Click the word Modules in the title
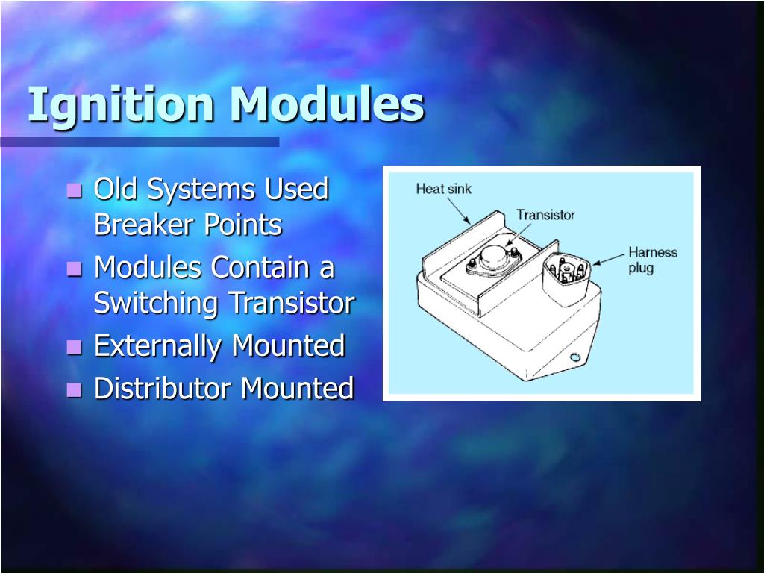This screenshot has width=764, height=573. tap(327, 105)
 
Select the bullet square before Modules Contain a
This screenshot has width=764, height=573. tap(74, 269)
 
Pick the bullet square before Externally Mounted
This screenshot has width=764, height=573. tap(74, 348)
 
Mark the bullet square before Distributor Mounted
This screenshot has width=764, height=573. tap(74, 389)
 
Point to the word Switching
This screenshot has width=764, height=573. tap(157, 304)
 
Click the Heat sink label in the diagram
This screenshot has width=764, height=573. tap(443, 190)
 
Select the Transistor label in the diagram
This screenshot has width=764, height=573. tap(545, 215)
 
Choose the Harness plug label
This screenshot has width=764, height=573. tap(652, 260)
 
